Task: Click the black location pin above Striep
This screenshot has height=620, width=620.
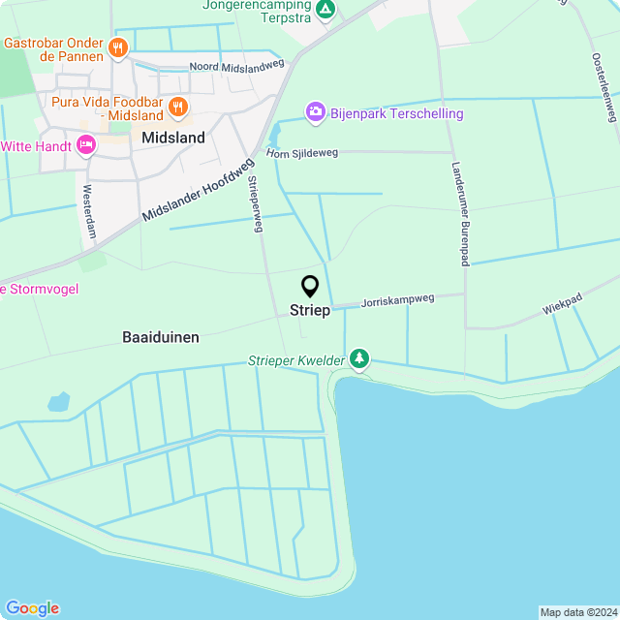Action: [x=310, y=287]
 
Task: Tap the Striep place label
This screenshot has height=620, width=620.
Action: [x=310, y=311]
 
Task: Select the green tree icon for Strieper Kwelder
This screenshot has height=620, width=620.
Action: [x=359, y=359]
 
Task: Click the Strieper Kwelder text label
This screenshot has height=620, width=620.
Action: [x=296, y=360]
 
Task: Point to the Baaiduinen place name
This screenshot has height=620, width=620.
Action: [x=161, y=337]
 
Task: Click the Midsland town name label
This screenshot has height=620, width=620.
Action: [x=173, y=138]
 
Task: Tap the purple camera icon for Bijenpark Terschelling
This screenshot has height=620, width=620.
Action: [x=315, y=113]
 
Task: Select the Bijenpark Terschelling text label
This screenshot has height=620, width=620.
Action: [x=396, y=113]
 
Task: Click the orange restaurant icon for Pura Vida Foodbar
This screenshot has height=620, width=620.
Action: [x=177, y=107]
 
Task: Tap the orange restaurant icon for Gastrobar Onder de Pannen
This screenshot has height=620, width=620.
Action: [x=118, y=47]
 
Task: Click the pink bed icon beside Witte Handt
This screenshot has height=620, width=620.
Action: [x=86, y=145]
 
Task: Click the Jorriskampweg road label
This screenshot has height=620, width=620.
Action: [x=397, y=300]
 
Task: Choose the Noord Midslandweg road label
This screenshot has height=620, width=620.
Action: [x=236, y=67]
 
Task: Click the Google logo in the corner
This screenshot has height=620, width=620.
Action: [x=31, y=608]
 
